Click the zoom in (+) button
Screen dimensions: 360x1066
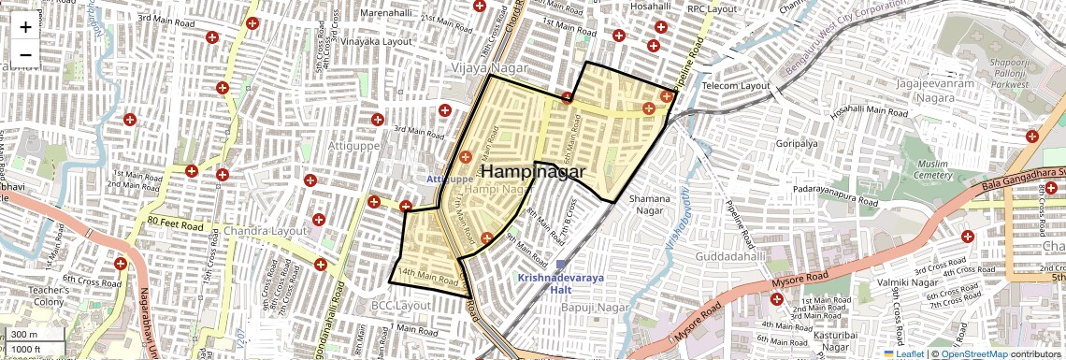pyautogui.click(x=25, y=27)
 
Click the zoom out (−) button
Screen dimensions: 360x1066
pyautogui.click(x=25, y=54)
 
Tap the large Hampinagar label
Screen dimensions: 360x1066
pyautogui.click(x=533, y=172)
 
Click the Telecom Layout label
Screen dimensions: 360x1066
pyautogui.click(x=735, y=85)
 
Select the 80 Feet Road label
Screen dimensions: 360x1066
pyautogui.click(x=175, y=226)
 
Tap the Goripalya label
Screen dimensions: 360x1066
pyautogui.click(x=797, y=144)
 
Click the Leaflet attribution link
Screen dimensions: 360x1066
pyautogui.click(x=903, y=353)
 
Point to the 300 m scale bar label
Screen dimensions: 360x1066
pyautogui.click(x=25, y=335)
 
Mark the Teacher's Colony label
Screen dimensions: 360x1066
pyautogui.click(x=47, y=295)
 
